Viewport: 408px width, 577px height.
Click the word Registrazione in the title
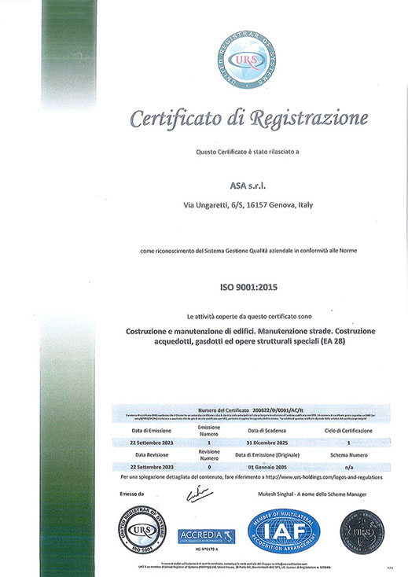309,119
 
